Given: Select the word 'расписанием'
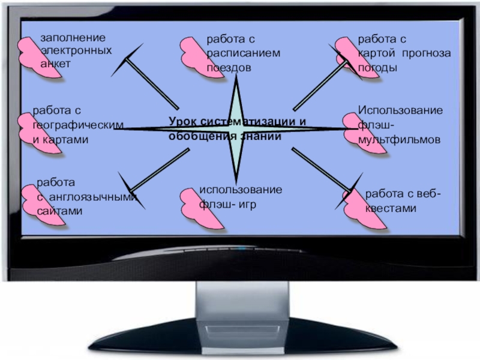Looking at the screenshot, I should coord(244,54).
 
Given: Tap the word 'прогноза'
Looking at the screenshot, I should coord(428,54).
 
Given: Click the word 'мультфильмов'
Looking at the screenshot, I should coord(399,139).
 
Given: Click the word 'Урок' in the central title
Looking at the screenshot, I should coord(182,122).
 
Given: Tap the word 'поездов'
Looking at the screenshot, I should coord(229,67).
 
